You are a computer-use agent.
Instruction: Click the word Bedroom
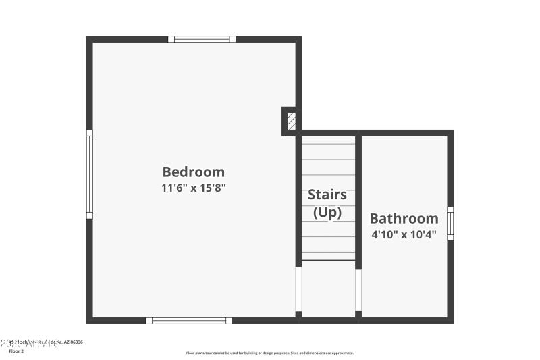pos(193,172)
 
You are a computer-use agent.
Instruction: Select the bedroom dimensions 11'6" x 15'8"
pos(193,188)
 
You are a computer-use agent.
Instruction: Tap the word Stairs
pos(327,195)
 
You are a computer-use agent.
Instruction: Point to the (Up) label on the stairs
pos(327,212)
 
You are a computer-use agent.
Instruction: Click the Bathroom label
pos(404,218)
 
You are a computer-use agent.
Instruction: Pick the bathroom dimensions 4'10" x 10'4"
pos(404,235)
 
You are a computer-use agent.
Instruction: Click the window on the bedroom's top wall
pos(202,39)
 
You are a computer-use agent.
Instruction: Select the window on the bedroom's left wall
pos(89,174)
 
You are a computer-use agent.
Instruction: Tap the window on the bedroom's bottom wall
pos(189,320)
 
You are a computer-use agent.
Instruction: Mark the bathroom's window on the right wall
pos(450,223)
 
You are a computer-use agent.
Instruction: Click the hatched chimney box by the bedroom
pos(292,122)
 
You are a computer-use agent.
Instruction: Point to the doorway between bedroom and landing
pos(298,289)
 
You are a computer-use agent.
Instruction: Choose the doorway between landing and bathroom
pos(358,290)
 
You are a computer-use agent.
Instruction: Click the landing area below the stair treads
pos(328,288)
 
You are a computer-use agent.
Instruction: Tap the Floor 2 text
pos(15,351)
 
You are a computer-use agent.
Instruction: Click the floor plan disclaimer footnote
pos(270,353)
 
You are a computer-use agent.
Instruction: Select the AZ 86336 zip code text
pos(74,343)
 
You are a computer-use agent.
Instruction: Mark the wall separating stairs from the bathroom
pos(358,203)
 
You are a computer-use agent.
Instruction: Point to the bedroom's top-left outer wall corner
pos(89,39)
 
